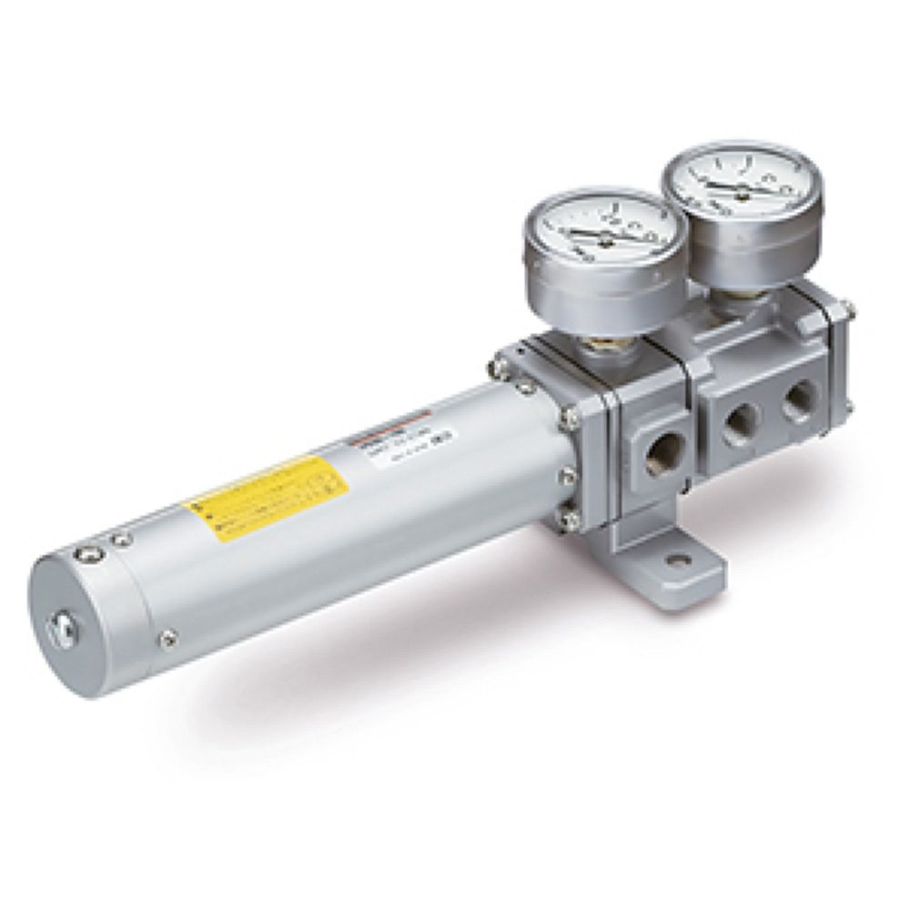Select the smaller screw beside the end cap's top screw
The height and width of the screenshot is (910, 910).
click(118, 540)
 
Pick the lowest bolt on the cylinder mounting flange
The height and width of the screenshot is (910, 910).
click(572, 520)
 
